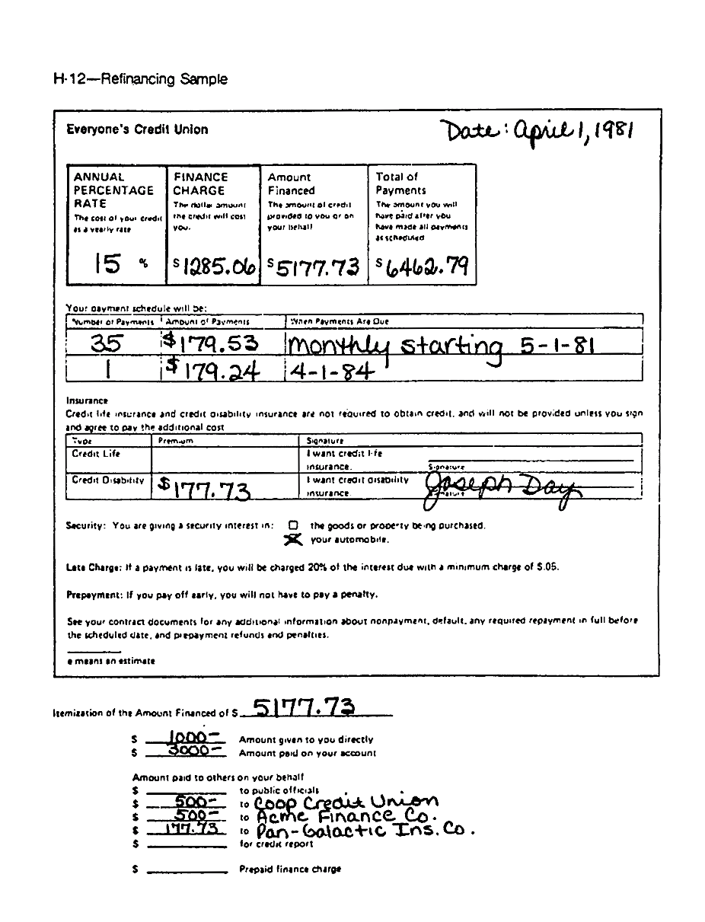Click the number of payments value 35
coord(111,344)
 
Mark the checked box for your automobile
coord(294,539)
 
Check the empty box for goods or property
coord(293,525)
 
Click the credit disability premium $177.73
coord(206,489)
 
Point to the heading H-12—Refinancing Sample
coord(140,79)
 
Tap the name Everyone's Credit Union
coord(137,129)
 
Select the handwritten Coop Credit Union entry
coord(346,802)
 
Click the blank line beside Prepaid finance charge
coord(187,871)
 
